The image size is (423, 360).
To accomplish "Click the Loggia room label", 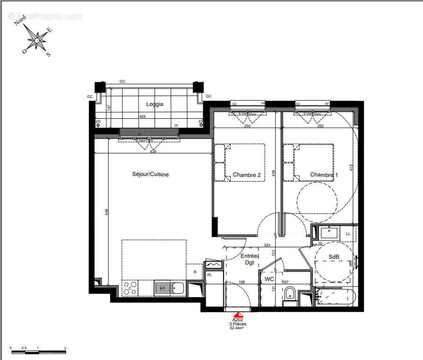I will pyautogui.click(x=155, y=105).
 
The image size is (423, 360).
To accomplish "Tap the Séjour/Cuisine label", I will pyautogui.click(x=150, y=175).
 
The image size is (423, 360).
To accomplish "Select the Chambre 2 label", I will pyautogui.click(x=246, y=175).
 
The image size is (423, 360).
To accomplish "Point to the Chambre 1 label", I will pyautogui.click(x=324, y=175).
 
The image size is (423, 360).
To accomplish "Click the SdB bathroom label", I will pyautogui.click(x=334, y=257).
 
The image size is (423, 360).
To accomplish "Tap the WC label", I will pyautogui.click(x=269, y=280).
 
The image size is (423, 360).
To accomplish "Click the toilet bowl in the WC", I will pyautogui.click(x=289, y=294).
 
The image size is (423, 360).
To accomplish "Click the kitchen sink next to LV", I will pyautogui.click(x=178, y=287).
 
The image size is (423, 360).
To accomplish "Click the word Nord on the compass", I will pyautogui.click(x=20, y=20).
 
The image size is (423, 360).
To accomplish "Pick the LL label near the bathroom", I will pyautogui.click(x=348, y=234).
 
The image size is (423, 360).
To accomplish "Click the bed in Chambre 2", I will pyautogui.click(x=240, y=162).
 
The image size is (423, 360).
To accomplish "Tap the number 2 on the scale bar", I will pyautogui.click(x=65, y=348).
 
